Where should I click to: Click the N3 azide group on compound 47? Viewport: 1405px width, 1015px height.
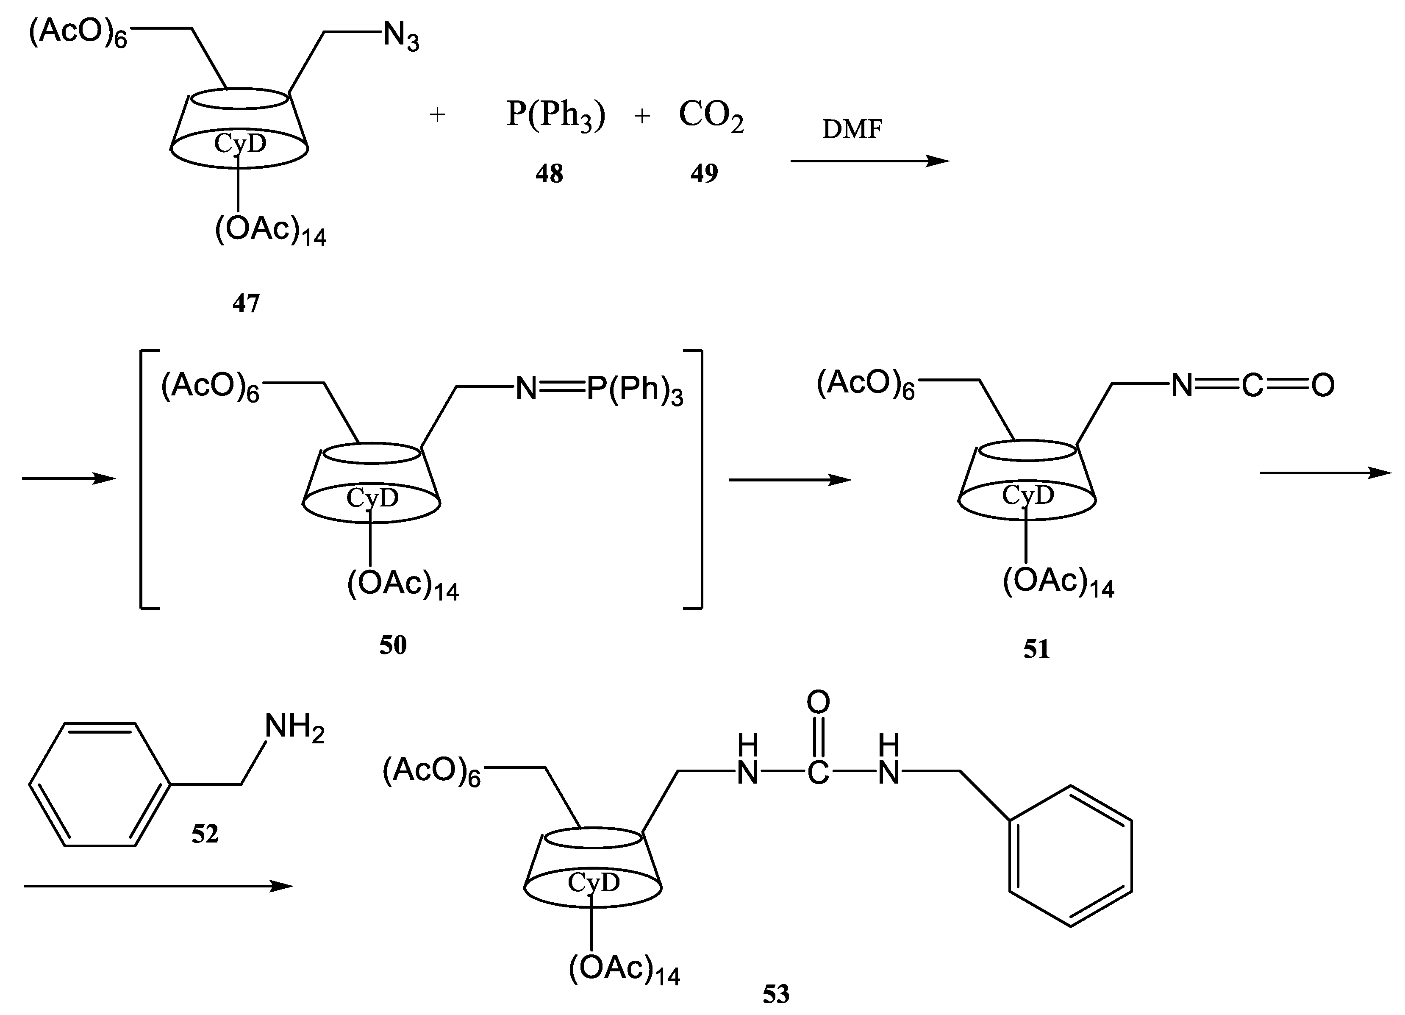pos(401,37)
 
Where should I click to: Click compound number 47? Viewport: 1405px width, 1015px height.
pos(246,303)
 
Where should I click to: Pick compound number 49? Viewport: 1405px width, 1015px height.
pos(704,173)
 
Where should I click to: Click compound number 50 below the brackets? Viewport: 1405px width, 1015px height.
pos(393,645)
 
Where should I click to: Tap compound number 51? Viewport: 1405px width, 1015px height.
pos(1036,649)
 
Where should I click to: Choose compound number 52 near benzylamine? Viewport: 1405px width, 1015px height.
pos(205,834)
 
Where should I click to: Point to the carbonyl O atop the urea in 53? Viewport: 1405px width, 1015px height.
pos(818,702)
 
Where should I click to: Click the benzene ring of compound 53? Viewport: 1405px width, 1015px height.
pos(1070,856)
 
